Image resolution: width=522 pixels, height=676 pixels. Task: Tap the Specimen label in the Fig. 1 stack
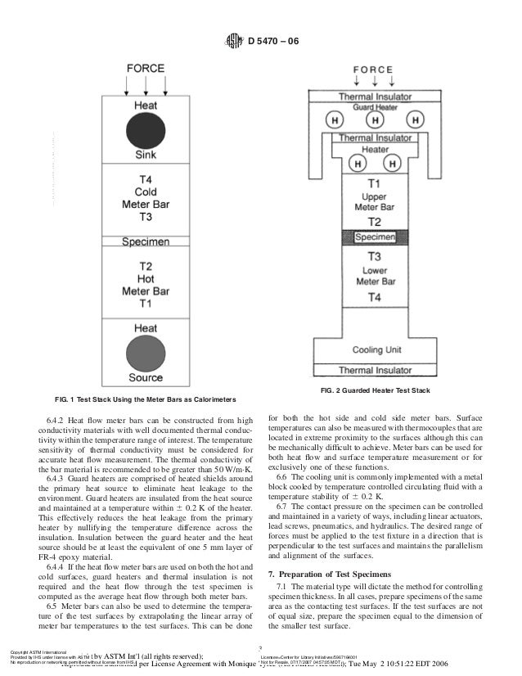pos(146,242)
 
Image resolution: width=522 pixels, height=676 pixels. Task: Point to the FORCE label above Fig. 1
pos(145,69)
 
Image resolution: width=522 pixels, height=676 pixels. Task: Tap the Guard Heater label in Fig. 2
pos(374,107)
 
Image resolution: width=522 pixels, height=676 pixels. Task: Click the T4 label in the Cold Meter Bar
pos(145,180)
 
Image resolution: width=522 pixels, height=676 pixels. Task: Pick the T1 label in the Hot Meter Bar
pos(145,303)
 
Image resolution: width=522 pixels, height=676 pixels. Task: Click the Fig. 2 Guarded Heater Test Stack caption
pos(376,389)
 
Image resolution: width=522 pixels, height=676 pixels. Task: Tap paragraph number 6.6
pos(283,476)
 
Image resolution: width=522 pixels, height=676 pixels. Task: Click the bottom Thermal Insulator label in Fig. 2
pos(374,370)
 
